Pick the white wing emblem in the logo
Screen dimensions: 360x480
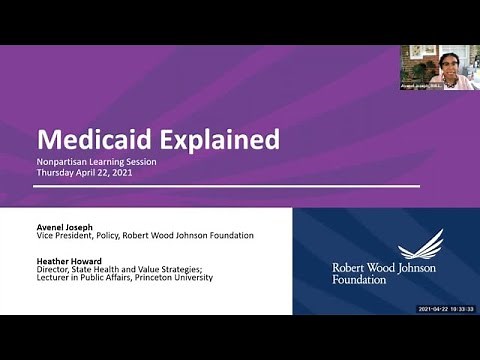click(x=420, y=246)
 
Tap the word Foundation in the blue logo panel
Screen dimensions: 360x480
click(x=359, y=280)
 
